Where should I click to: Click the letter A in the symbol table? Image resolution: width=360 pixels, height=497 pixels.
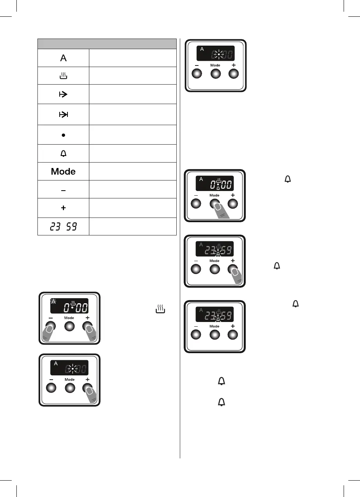click(x=63, y=58)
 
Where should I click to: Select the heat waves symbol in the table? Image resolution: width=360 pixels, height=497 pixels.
click(x=63, y=76)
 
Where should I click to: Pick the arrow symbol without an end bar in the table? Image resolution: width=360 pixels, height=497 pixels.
click(x=63, y=95)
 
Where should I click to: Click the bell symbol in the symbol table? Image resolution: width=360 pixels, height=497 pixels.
click(x=63, y=154)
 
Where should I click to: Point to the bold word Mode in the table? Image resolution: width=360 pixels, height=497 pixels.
click(x=63, y=172)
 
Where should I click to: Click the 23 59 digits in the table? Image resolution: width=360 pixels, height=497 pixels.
click(x=63, y=227)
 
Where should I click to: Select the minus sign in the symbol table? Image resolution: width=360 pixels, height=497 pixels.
click(x=63, y=190)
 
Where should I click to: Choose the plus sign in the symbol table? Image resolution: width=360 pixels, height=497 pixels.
click(x=63, y=208)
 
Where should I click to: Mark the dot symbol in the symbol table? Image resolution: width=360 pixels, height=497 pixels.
click(x=63, y=135)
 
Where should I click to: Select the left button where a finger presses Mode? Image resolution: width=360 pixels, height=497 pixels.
click(x=195, y=203)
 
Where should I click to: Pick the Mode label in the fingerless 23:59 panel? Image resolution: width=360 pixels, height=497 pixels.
click(x=214, y=326)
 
